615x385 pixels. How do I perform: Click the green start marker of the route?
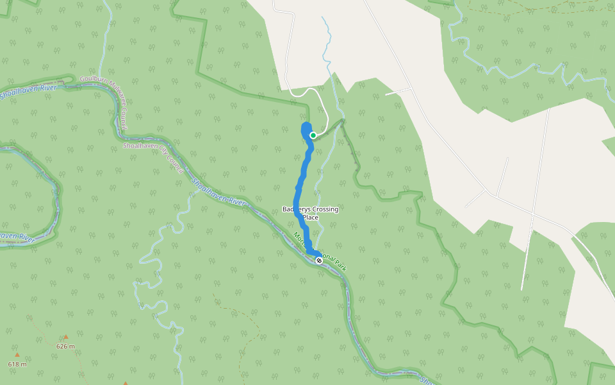coord(313,135)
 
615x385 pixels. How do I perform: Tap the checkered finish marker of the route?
coord(319,260)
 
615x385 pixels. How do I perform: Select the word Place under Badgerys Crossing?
coord(311,218)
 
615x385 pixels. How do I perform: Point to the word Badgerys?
coord(296,209)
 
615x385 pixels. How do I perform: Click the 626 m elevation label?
coord(65,346)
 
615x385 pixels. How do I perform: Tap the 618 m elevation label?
coord(17,364)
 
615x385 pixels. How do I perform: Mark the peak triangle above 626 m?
coord(65,337)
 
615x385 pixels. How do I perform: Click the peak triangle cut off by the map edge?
coord(126,383)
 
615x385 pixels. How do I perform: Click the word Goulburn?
coord(92,80)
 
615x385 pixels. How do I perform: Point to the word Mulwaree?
coord(115,90)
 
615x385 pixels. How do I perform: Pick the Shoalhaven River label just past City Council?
coord(218,193)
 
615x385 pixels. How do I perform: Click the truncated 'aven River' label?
coord(17,237)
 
